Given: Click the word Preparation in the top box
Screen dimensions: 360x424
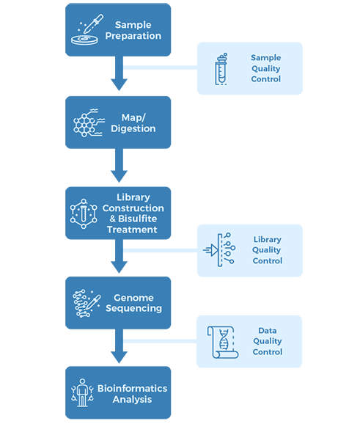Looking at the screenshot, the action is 133,36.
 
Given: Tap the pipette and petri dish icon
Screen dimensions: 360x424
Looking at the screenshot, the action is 87,29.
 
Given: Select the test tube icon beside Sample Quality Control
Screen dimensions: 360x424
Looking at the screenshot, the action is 221,69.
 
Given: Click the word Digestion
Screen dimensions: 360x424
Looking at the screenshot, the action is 133,128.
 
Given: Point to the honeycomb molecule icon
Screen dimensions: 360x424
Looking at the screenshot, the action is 89,123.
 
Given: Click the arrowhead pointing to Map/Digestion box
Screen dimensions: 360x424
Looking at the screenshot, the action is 119,84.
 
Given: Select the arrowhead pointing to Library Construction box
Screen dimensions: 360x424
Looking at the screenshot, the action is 119,176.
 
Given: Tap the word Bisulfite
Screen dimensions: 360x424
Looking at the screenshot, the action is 138,219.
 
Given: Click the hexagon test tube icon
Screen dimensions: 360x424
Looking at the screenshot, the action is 84,214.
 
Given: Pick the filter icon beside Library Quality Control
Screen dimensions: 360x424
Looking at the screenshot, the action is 219,249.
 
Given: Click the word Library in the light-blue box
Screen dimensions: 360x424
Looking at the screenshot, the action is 268,239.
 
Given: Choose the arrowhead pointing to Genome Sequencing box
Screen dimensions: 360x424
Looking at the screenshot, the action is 119,267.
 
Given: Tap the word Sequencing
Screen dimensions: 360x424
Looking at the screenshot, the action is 133,308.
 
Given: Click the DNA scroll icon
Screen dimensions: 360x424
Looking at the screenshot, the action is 223,343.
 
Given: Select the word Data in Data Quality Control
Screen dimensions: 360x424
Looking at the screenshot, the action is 268,330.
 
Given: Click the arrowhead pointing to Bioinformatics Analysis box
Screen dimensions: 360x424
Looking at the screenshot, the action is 119,357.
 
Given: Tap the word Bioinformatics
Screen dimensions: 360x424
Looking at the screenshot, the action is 133,388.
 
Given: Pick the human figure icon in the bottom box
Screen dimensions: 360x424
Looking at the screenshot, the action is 82,392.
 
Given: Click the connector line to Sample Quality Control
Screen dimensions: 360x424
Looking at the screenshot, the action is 161,67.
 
